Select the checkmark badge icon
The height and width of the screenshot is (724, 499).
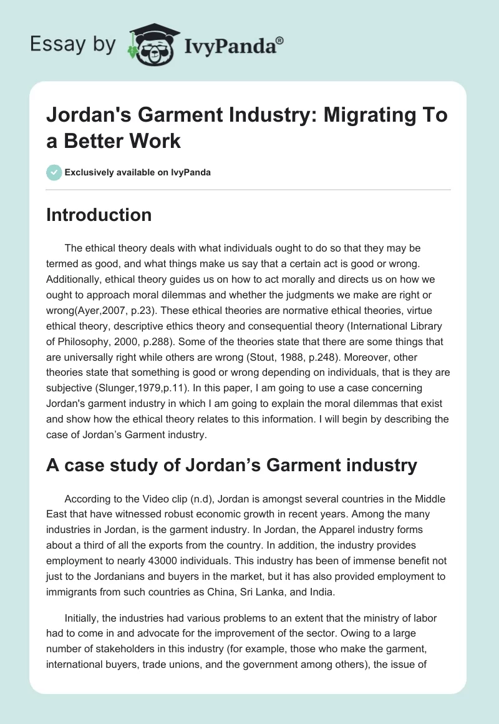pyautogui.click(x=54, y=172)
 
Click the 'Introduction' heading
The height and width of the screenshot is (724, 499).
pyautogui.click(x=99, y=215)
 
